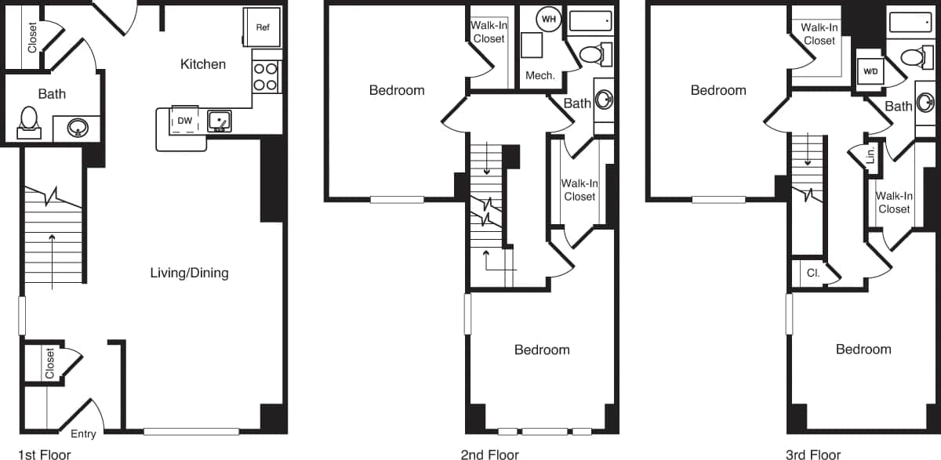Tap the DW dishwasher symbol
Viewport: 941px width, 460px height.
[185, 121]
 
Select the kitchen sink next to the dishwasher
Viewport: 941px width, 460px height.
[220, 121]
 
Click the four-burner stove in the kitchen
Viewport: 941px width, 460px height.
[266, 76]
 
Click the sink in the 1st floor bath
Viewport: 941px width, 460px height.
[77, 127]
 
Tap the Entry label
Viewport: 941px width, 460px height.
[83, 434]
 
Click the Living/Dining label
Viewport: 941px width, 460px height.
[189, 273]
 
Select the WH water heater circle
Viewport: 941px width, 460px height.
[549, 19]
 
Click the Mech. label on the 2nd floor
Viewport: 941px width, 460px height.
[540, 76]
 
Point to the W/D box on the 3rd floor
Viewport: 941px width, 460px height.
[870, 71]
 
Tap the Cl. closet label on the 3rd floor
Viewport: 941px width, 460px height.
[813, 273]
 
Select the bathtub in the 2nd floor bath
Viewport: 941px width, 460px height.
[590, 20]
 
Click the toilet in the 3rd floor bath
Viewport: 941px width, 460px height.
[912, 56]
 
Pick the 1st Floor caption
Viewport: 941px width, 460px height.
[44, 454]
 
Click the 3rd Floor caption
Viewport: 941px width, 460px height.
[813, 454]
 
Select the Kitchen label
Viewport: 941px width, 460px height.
[203, 64]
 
